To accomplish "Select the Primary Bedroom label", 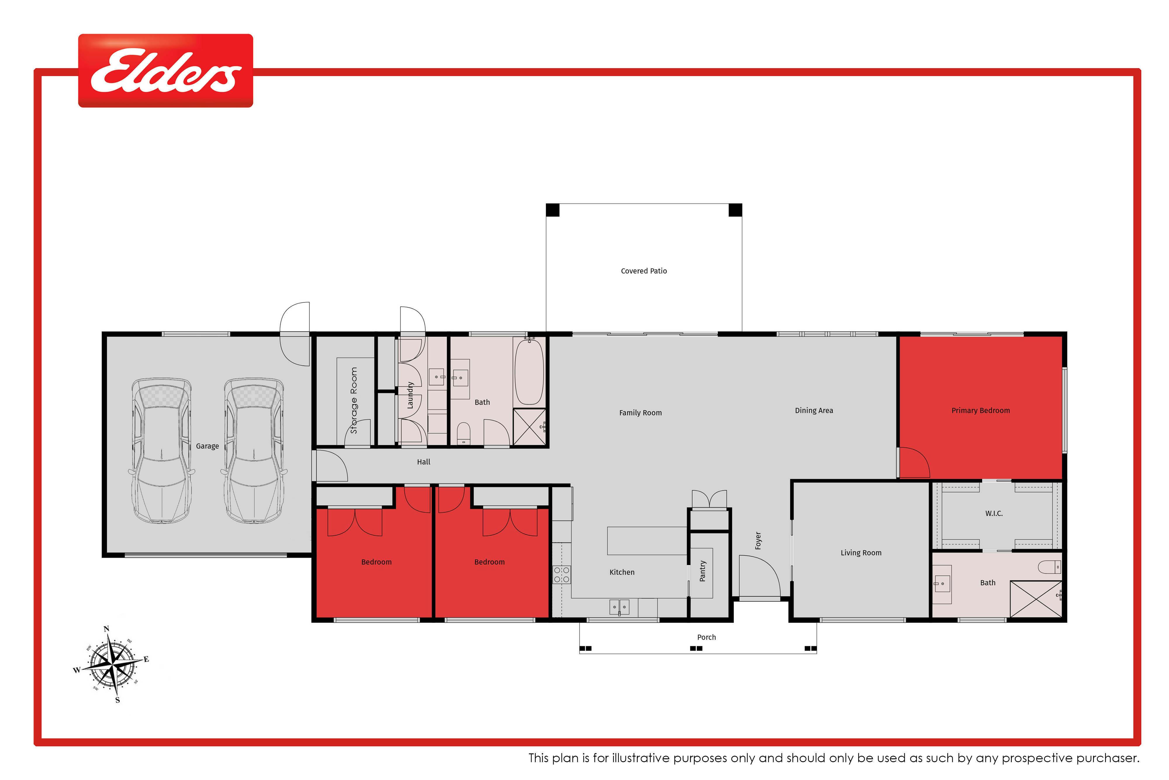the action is coord(980,410).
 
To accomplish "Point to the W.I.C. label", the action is coord(994,513).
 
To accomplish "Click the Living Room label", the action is coord(861,553).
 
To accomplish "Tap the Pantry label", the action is coord(702,571).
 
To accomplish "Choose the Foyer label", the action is coord(758,541).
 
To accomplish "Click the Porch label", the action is coord(706,637).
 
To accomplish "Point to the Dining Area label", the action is coord(814,410).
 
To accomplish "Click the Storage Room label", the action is coord(354,400).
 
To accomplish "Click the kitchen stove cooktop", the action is coord(562,575).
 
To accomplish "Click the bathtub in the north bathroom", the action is coord(529,371).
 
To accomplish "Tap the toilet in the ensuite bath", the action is coord(1050,567).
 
